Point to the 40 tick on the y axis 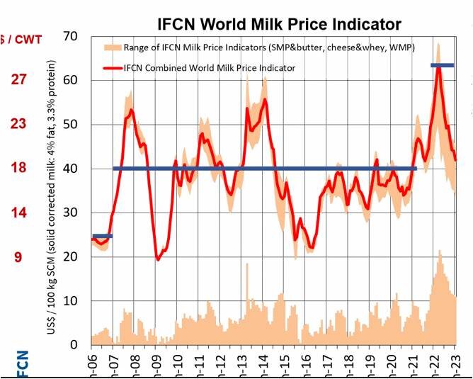(71, 169)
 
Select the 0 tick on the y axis (74, 345)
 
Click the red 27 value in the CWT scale (18, 79)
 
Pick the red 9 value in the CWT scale (18, 256)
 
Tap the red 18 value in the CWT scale (18, 168)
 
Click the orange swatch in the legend (110, 48)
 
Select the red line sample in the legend (110, 69)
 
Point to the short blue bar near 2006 (102, 236)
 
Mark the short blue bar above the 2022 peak (443, 66)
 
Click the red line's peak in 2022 (439, 68)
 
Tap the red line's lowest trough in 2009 (158, 259)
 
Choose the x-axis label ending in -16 (304, 360)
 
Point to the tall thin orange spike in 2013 (247, 283)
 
